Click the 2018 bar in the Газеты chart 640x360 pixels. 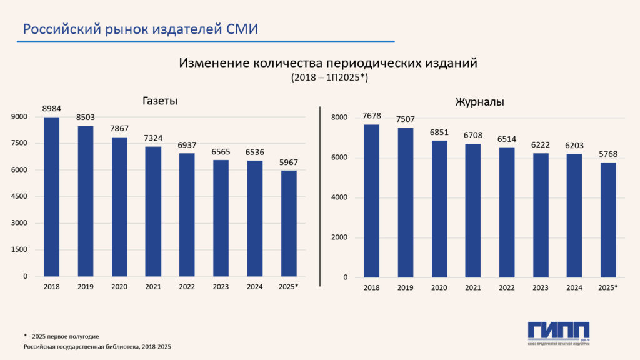(51, 197)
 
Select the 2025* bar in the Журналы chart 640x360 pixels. (607, 220)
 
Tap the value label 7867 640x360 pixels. (119, 128)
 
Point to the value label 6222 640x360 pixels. (541, 144)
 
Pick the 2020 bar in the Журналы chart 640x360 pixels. (439, 209)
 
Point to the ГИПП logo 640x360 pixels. (558, 332)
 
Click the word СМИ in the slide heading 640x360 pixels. (241, 29)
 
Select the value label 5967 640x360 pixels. (289, 161)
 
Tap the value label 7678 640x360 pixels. (371, 116)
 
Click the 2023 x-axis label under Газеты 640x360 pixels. (221, 287)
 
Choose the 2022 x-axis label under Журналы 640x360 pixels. (507, 287)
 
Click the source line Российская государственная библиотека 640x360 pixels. (97, 346)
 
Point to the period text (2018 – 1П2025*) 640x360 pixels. (329, 78)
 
